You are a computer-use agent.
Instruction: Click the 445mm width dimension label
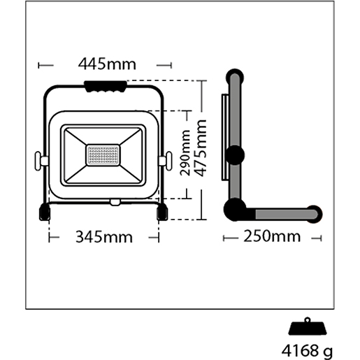pos(107,64)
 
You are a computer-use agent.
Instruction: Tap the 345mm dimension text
pos(104,237)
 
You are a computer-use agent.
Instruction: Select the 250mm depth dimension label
pos(272,236)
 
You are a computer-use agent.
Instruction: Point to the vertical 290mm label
pos(185,153)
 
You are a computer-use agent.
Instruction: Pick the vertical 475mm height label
pos(201,148)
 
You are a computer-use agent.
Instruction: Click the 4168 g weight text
pos(307,351)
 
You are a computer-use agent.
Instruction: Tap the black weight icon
pos(308,326)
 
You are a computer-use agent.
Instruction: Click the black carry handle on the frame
pos(106,87)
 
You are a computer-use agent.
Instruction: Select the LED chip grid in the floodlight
pos(103,155)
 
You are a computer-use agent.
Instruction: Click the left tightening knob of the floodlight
pos(41,161)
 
